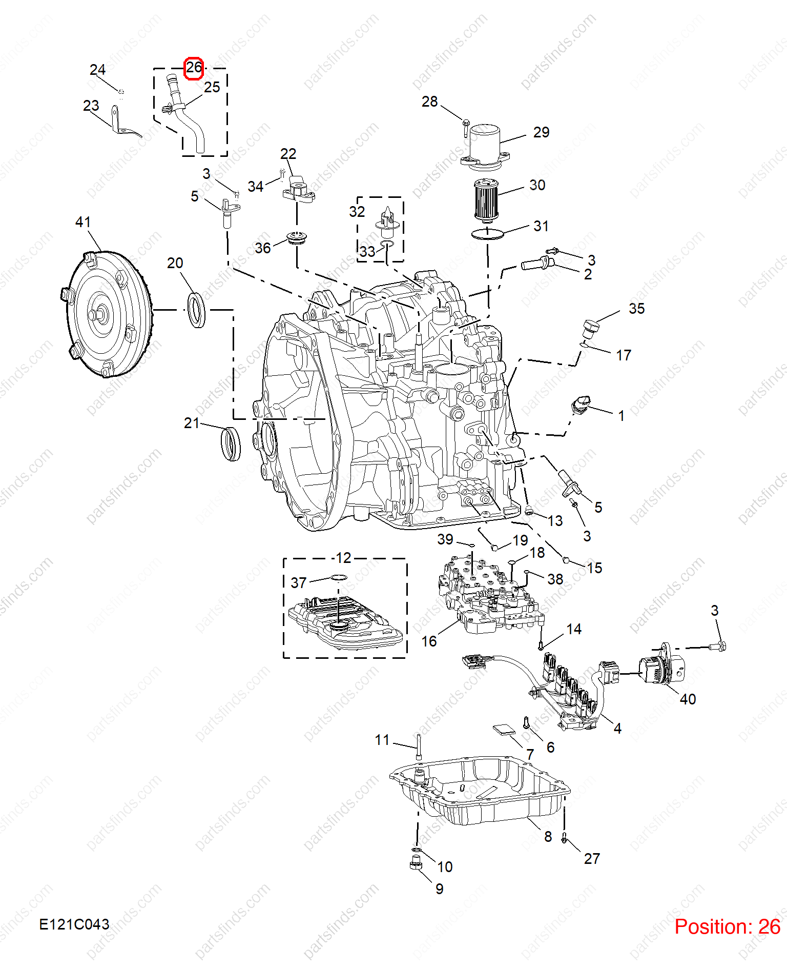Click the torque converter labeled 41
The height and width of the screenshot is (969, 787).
tap(109, 314)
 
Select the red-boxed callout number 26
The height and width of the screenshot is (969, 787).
tap(194, 68)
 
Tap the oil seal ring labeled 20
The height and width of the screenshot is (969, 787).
tap(197, 310)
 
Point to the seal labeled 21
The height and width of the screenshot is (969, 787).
tap(231, 443)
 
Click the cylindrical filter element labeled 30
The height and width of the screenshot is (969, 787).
tap(486, 200)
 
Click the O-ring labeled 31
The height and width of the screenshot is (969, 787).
tap(488, 234)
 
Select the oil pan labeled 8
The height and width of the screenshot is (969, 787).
tap(479, 790)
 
